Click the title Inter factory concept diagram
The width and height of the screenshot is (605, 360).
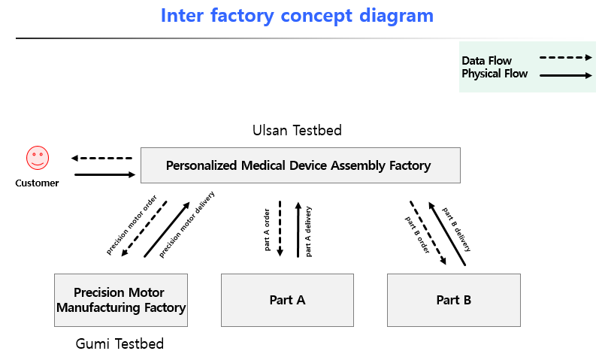297,15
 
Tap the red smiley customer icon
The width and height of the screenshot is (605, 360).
38,158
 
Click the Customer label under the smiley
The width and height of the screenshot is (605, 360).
37,183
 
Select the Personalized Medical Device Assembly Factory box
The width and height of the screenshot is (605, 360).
300,165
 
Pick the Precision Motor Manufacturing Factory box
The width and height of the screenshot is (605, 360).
120,300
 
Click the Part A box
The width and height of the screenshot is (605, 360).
287,300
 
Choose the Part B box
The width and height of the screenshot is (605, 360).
453,300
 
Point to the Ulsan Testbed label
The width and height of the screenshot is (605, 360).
297,131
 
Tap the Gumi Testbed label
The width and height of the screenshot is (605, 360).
119,344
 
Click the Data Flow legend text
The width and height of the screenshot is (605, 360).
486,61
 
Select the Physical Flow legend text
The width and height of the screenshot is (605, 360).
494,74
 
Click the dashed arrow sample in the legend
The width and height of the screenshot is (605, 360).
566,57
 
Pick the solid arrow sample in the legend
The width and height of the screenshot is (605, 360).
566,75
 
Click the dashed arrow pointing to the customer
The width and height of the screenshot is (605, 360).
101,159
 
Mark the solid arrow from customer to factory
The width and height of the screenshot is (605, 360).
104,175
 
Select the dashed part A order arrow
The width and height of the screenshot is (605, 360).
280,228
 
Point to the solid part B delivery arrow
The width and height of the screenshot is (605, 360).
447,233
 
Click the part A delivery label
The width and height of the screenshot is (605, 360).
309,231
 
